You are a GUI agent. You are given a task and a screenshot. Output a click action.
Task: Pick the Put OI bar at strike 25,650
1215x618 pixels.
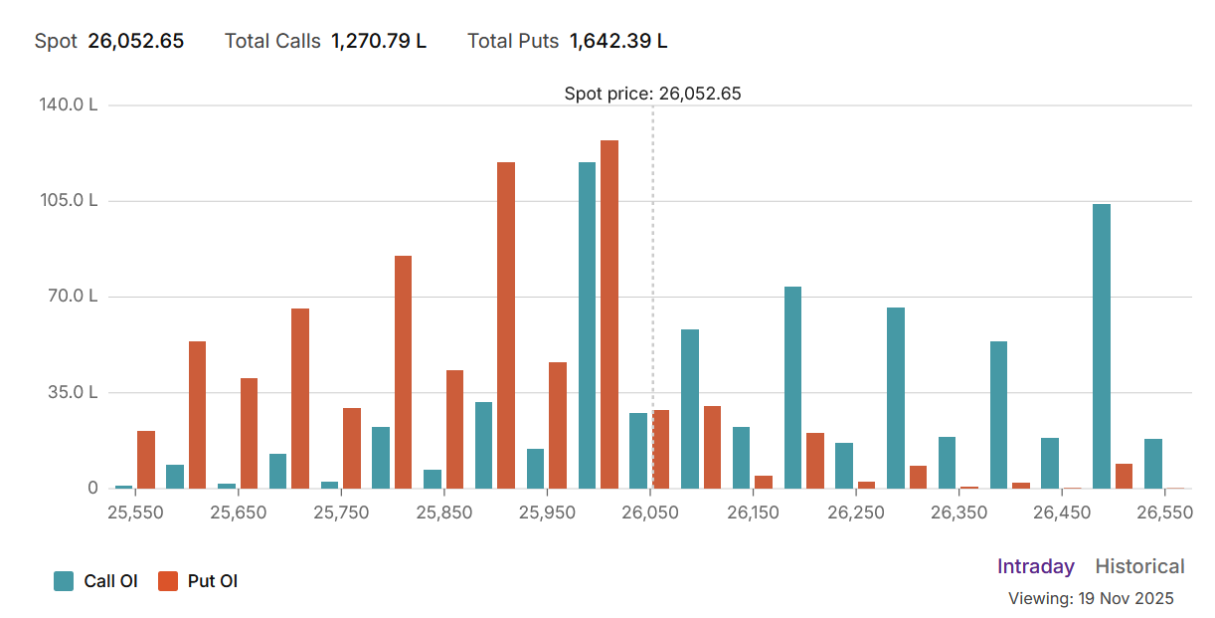(249, 433)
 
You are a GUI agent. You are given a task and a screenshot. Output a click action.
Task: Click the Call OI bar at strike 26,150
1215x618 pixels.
(741, 458)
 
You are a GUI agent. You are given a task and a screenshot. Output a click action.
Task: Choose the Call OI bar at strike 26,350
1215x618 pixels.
(947, 463)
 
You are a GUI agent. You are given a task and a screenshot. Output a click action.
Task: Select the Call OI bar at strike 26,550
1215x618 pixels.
(1153, 464)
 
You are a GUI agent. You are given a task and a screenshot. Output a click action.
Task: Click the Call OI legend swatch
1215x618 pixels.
(64, 582)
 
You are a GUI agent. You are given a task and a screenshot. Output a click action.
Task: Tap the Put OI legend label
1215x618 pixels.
(213, 582)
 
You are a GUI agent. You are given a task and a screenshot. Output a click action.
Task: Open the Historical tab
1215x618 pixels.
(1139, 566)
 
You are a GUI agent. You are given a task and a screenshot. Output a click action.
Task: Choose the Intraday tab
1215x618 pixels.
(1036, 566)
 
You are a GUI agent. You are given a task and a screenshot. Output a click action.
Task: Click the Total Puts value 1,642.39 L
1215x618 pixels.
(618, 41)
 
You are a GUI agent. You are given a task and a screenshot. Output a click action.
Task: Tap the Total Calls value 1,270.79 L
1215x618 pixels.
(379, 41)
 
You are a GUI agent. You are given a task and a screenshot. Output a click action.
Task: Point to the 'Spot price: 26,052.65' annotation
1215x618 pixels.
(652, 94)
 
